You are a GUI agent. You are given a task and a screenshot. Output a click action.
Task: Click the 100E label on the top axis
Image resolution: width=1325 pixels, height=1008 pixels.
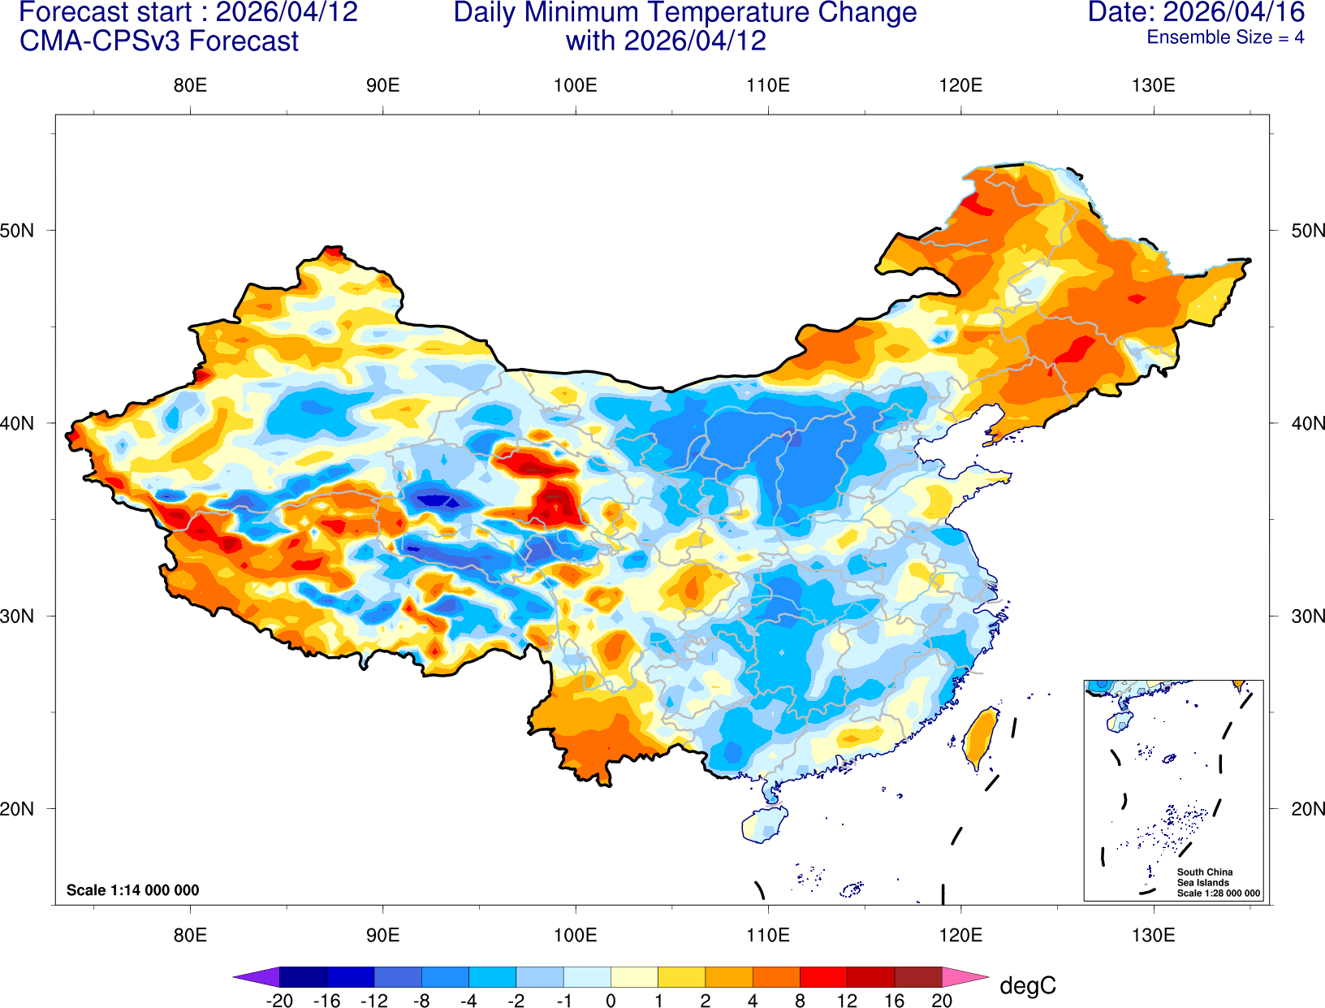click(575, 85)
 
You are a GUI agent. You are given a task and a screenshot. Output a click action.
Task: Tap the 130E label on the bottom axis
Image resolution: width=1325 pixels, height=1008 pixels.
click(1153, 934)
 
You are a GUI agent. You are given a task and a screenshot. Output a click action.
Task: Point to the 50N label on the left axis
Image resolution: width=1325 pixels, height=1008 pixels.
click(18, 230)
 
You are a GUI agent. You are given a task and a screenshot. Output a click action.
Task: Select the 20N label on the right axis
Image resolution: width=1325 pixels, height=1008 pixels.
click(1307, 808)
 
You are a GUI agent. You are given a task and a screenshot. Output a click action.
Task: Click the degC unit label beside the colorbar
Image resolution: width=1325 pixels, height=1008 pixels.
click(1027, 985)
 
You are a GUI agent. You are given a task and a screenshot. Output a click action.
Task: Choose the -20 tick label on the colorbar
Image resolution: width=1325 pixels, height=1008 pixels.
click(278, 1001)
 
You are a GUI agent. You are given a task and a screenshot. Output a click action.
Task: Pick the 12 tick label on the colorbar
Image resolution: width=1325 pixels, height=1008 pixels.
click(847, 1001)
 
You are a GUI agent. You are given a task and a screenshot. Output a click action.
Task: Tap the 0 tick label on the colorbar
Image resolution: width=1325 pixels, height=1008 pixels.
click(611, 1001)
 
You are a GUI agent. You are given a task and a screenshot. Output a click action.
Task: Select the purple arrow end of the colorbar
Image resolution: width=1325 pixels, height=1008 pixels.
click(257, 976)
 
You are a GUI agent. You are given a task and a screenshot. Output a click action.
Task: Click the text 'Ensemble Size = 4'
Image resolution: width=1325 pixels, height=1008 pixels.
click(1225, 37)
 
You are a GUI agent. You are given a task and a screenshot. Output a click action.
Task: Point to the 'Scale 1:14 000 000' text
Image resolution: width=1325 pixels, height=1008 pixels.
click(132, 890)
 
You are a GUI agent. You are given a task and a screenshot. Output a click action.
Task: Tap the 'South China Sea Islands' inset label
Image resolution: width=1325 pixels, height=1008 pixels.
click(1204, 877)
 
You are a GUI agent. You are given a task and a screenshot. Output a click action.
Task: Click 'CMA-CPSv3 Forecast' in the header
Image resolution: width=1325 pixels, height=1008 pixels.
click(159, 41)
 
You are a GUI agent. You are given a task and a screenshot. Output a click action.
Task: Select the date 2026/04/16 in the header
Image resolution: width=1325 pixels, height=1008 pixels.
click(1234, 12)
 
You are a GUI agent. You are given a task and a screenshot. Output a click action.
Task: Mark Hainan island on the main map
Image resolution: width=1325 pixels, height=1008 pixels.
click(763, 824)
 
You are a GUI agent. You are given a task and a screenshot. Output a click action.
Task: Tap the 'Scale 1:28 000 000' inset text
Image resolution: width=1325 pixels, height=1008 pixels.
click(1218, 893)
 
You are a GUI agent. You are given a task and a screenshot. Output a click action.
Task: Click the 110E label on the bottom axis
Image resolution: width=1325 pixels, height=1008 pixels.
click(767, 934)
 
